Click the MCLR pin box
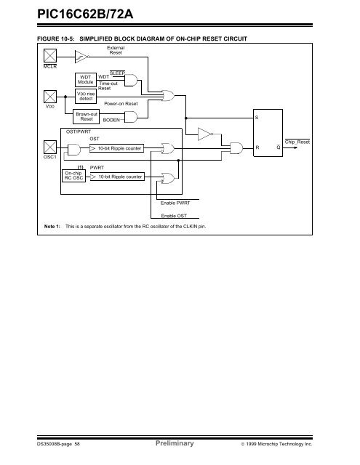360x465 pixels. coord(50,55)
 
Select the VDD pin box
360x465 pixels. coord(50,97)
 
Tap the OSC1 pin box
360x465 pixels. coord(50,147)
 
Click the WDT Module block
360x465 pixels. coord(86,80)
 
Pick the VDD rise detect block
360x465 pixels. coord(86,96)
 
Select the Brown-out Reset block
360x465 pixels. coord(86,116)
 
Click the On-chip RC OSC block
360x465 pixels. coord(73,176)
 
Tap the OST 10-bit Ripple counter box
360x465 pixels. coord(116,148)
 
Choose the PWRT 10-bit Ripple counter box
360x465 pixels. coord(117,177)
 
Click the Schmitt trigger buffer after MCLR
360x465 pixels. coord(82,57)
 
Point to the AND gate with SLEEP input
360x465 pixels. coord(131,80)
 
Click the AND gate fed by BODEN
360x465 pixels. coord(131,117)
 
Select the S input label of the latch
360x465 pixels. coord(257,118)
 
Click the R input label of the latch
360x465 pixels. coord(257,147)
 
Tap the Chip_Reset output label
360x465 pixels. coord(297,142)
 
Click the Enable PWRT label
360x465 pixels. coord(175,203)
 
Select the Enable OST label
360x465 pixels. coord(174,216)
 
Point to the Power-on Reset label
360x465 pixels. coord(121,103)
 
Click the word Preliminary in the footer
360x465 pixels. coord(175,443)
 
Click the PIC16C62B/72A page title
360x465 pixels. coord(85,14)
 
